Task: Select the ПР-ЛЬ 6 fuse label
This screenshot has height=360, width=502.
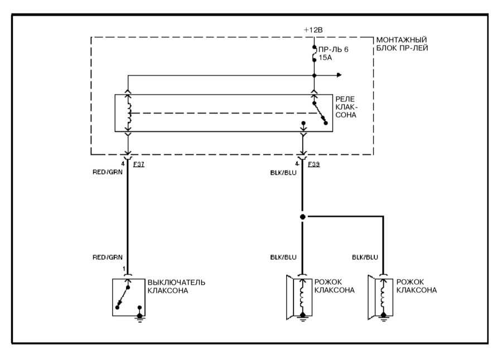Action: [x=334, y=50]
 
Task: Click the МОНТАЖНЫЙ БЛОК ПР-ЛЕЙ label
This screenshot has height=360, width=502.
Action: [x=402, y=45]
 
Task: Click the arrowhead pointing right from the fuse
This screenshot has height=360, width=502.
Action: [x=339, y=75]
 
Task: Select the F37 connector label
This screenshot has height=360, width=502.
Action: [x=140, y=164]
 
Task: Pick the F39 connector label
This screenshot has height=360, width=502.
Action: [x=313, y=164]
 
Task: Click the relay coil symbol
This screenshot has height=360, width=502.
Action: [x=129, y=113]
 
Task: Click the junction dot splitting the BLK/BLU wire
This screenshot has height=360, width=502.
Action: [x=303, y=216]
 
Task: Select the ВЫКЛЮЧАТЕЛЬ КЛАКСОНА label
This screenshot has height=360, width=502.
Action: [x=176, y=286]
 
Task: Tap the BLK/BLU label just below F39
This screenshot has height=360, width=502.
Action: [x=282, y=173]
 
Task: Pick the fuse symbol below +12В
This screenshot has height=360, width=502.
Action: [x=315, y=53]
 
